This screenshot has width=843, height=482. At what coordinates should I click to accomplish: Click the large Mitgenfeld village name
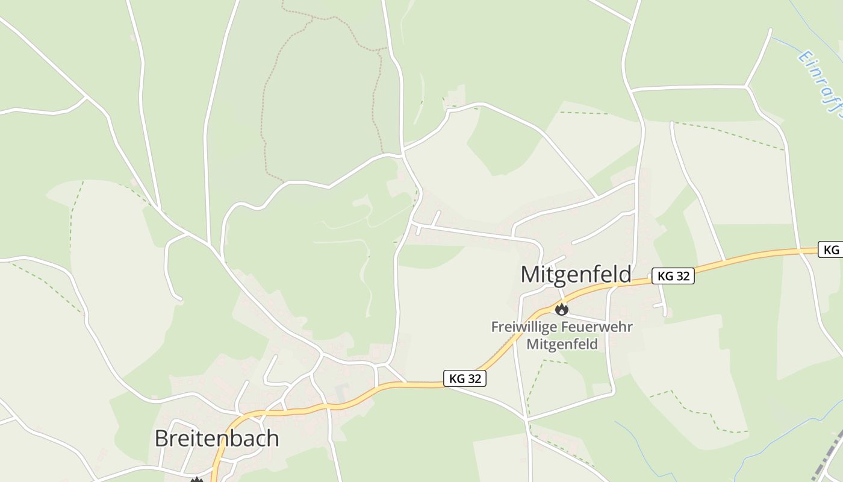[x=576, y=275]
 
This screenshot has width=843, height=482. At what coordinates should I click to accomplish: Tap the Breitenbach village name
[x=217, y=439]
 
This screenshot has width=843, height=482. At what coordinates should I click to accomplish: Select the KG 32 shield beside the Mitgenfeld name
[x=673, y=276]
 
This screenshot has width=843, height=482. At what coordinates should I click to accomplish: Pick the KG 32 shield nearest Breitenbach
[x=465, y=378]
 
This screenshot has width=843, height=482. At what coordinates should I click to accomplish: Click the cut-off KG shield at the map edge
[x=831, y=249]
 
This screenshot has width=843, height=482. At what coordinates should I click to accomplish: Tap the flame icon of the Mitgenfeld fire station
[x=561, y=310]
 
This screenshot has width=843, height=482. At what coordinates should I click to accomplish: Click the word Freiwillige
[x=521, y=327]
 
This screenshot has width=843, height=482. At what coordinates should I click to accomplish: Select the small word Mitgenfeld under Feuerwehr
[x=562, y=344]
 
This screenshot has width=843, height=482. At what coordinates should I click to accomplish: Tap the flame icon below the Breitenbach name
[x=196, y=480]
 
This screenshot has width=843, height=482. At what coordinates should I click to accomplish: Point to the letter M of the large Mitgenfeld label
[x=530, y=275]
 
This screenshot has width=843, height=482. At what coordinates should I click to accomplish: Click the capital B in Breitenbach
[x=161, y=439]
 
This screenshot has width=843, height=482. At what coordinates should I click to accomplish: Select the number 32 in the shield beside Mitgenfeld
[x=682, y=276]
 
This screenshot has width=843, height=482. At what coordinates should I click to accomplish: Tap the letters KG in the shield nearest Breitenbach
[x=457, y=378]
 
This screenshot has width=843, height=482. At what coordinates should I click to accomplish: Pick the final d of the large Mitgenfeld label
[x=625, y=275]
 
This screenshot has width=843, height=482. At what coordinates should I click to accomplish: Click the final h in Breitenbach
[x=273, y=439]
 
